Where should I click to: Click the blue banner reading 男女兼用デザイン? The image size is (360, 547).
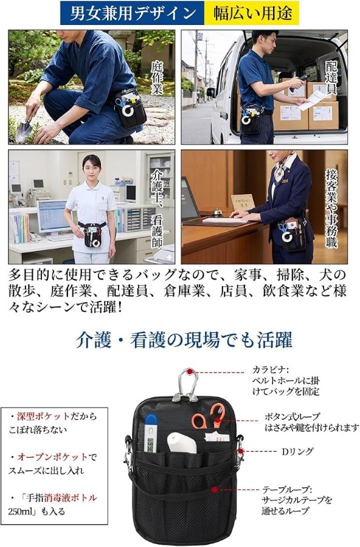pyautogui.click(x=132, y=13)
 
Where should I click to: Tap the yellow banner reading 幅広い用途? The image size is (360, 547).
pyautogui.click(x=252, y=13)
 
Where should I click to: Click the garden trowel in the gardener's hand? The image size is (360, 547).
pyautogui.click(x=26, y=128)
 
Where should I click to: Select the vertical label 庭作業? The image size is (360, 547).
pyautogui.click(x=157, y=78)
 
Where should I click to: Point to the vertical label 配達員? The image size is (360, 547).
pyautogui.click(x=331, y=78)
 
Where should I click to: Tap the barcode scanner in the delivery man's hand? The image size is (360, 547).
pyautogui.click(x=299, y=81)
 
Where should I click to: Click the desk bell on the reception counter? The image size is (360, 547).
pyautogui.click(x=218, y=212)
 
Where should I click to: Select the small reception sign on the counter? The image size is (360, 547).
pyautogui.click(x=243, y=202)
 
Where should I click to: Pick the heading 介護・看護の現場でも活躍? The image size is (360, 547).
pyautogui.click(x=184, y=339)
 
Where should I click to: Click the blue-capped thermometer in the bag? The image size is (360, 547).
pyautogui.click(x=150, y=433)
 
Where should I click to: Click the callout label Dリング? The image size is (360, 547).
pyautogui.click(x=297, y=452)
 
